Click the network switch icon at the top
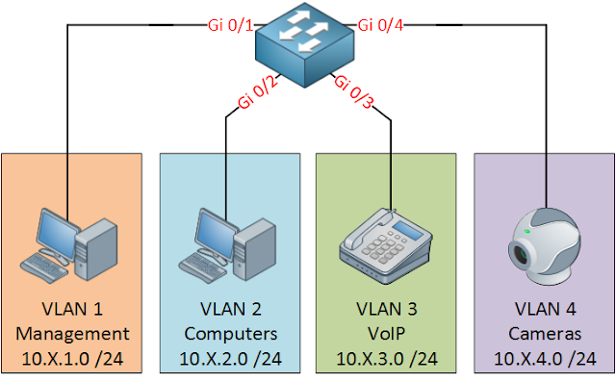click(x=307, y=39)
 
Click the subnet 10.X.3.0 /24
click(x=387, y=358)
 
